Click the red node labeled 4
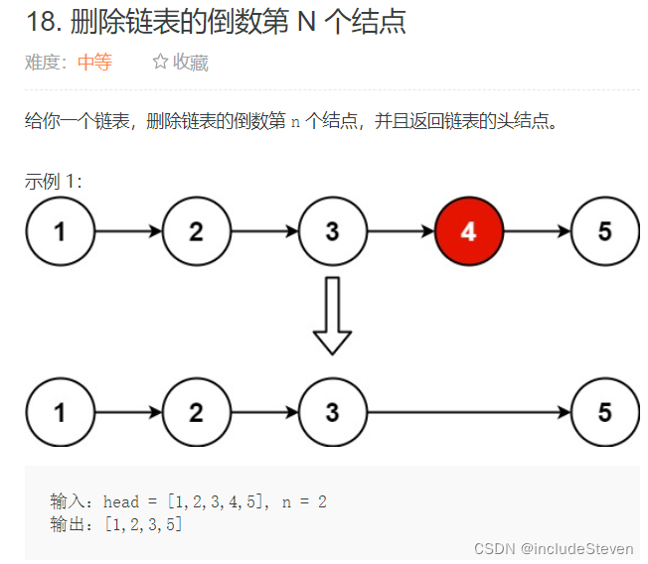[468, 231]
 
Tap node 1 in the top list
[60, 231]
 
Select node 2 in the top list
[196, 231]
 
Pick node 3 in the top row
[332, 231]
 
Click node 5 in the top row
[604, 231]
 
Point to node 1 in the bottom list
[60, 412]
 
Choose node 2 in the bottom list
[196, 412]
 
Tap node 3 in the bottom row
[332, 412]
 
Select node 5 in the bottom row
[604, 412]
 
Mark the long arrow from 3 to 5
[467, 412]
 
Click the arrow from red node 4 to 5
[537, 231]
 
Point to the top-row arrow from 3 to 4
[400, 231]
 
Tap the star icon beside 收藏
[160, 63]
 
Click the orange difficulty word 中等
[94, 63]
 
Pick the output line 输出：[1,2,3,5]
[116, 523]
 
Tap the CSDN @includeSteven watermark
[554, 548]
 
